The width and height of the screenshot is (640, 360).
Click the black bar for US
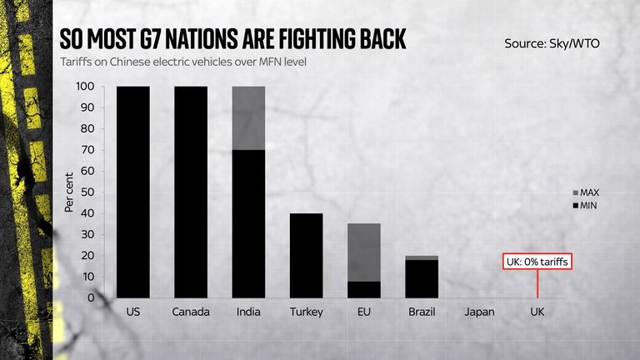(x=133, y=191)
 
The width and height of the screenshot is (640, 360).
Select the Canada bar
(x=191, y=191)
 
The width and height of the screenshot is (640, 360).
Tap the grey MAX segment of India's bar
(x=249, y=117)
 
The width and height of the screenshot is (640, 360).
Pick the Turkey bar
(x=307, y=255)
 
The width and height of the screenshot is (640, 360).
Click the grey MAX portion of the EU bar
(x=364, y=252)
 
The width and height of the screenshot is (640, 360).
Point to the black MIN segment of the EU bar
(x=364, y=289)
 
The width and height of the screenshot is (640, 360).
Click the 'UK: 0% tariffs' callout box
(x=538, y=262)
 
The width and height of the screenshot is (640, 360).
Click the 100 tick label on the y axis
(x=85, y=86)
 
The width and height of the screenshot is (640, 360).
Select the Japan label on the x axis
(x=479, y=312)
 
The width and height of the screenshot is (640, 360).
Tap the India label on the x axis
(x=249, y=312)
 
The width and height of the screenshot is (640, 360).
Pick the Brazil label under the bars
(x=422, y=312)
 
